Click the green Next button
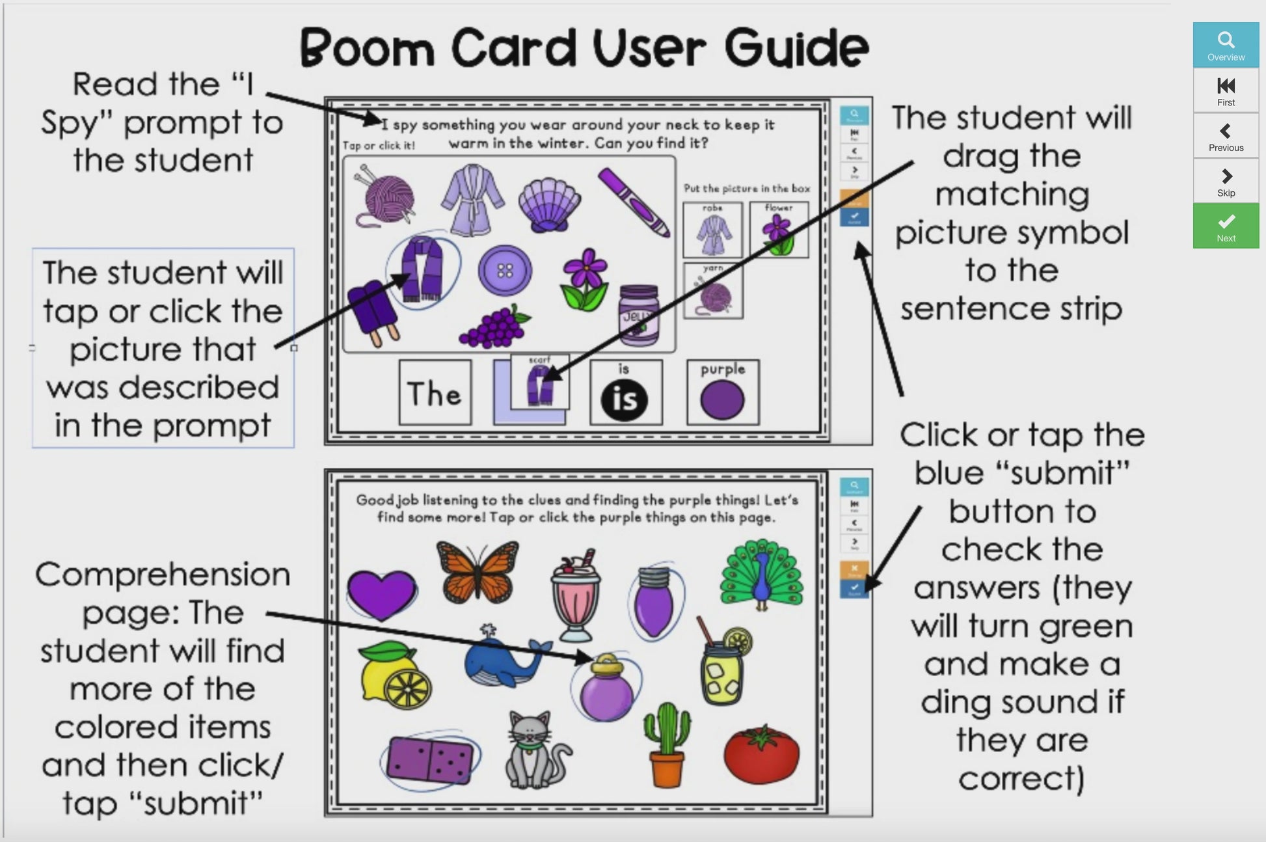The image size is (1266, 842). click(1226, 226)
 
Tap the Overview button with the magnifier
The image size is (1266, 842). click(1226, 45)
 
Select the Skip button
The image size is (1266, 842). click(1226, 181)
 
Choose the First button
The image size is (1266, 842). click(1226, 90)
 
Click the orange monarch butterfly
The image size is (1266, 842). click(478, 571)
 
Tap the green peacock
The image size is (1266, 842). click(761, 574)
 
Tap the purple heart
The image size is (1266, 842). click(381, 593)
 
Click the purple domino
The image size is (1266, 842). click(429, 759)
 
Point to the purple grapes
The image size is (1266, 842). click(494, 326)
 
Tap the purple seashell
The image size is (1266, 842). click(550, 204)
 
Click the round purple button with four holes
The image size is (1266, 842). click(505, 270)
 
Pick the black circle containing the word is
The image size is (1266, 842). click(625, 400)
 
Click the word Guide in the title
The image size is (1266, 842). click(796, 48)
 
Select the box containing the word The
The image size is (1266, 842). click(435, 393)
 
